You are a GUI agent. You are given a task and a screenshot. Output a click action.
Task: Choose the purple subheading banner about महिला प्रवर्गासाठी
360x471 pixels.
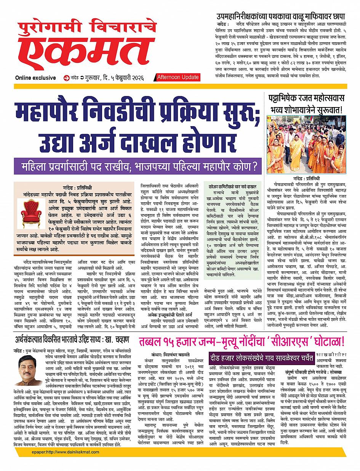click(x=139, y=167)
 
